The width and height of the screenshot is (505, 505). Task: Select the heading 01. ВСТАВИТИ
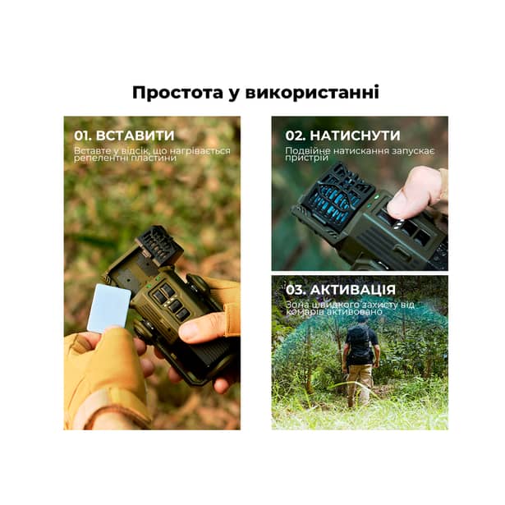tap(124, 135)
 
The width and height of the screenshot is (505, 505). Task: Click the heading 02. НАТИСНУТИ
tap(342, 135)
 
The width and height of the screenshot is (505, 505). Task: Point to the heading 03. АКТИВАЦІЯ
tap(340, 290)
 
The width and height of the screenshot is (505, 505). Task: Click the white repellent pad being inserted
tap(108, 307)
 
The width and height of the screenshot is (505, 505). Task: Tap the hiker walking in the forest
tap(360, 357)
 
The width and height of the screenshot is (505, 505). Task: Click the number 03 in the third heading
tap(294, 290)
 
